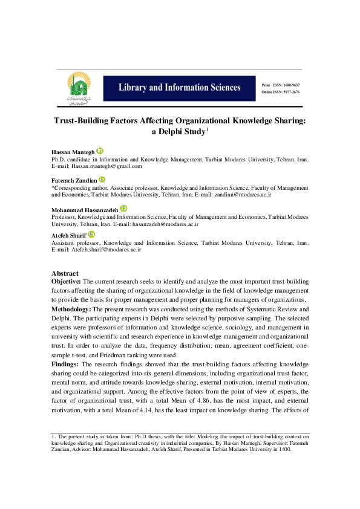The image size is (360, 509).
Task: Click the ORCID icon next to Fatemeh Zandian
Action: pos(102,180)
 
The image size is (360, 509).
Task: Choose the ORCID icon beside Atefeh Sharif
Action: pos(91,235)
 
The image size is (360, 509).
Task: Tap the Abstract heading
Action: pos(65,273)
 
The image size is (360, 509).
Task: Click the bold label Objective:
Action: pos(66,282)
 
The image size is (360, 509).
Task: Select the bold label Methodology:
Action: pos(71,309)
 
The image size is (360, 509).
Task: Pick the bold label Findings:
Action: pos(65,365)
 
